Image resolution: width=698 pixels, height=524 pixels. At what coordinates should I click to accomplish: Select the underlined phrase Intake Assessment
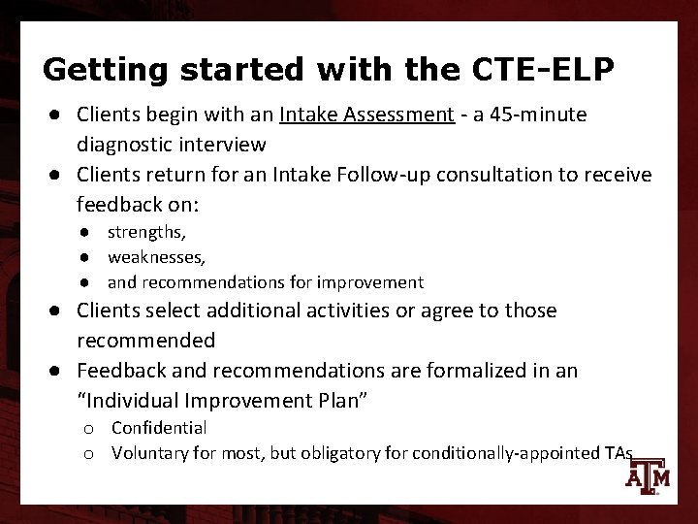(366, 116)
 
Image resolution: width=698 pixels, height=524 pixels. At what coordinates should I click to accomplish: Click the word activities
(379, 311)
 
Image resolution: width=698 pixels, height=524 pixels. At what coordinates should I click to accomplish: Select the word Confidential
(159, 428)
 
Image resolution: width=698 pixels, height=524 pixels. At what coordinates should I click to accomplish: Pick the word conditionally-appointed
(492, 452)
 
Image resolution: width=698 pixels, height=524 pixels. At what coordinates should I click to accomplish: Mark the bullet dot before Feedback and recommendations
(60, 370)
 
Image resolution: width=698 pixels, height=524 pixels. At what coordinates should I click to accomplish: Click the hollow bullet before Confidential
(88, 428)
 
